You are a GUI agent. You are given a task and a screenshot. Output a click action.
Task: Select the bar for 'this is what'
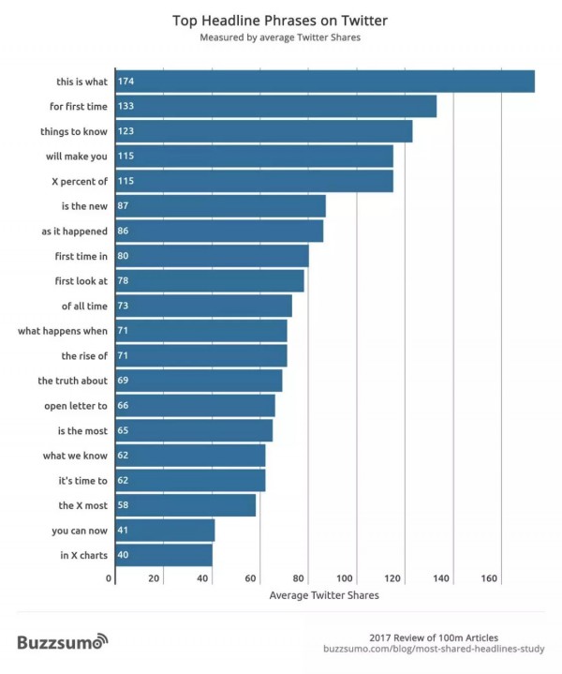tap(324, 82)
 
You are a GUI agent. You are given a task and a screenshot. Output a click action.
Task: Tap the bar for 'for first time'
tap(275, 106)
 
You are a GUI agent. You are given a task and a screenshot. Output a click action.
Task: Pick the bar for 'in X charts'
tap(163, 555)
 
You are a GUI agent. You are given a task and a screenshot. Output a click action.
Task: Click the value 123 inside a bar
tap(126, 131)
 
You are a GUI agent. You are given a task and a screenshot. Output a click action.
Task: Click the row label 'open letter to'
tap(76, 406)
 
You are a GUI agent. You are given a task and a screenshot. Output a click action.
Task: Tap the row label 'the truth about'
tap(73, 381)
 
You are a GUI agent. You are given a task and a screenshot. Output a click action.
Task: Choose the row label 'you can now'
tap(80, 531)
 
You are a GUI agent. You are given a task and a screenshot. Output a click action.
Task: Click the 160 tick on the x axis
tap(489, 578)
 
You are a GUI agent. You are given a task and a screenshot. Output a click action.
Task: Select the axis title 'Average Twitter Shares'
tap(324, 595)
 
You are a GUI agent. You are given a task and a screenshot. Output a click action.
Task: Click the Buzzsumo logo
tap(63, 642)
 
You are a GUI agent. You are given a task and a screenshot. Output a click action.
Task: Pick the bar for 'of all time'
tap(202, 306)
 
